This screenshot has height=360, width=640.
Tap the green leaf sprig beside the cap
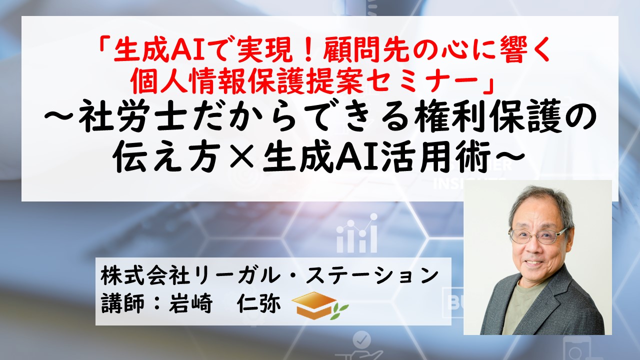339,311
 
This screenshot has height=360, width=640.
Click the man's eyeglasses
537,236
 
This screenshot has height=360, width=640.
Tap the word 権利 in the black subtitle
447,120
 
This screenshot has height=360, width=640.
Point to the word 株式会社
145,276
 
